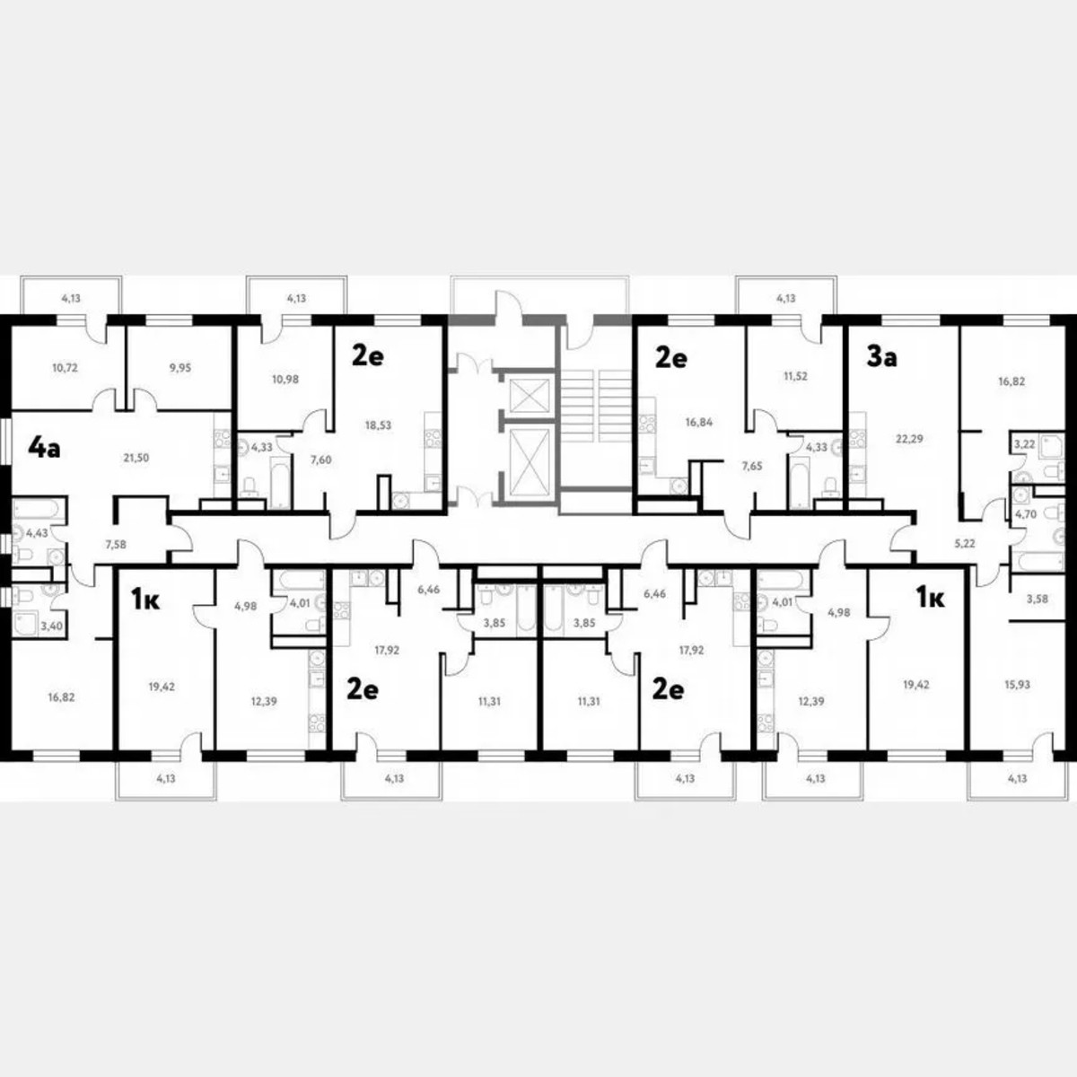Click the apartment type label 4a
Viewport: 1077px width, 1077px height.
point(44,447)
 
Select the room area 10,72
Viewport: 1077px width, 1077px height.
point(66,367)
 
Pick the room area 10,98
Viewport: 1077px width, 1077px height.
point(285,379)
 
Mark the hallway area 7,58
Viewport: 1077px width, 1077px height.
point(116,543)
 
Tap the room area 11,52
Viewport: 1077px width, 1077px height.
point(795,377)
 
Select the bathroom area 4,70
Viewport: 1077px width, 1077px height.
point(1025,515)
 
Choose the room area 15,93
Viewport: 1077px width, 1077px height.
point(1017,684)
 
